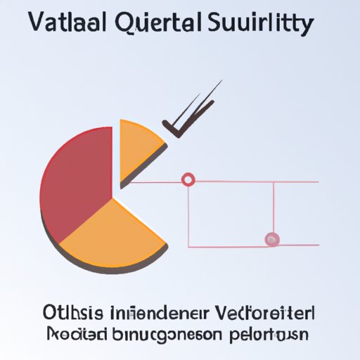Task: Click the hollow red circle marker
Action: [188, 180]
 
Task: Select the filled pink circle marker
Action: [272, 240]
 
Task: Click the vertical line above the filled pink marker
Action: [273, 207]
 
